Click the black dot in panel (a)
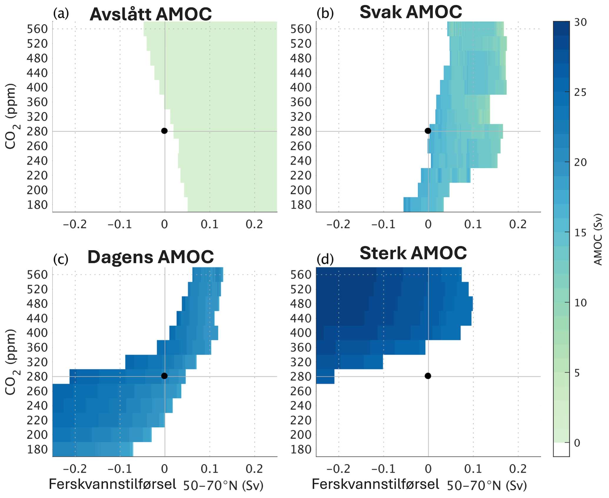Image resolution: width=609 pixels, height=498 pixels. [164, 131]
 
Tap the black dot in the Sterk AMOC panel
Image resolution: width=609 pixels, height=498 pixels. [428, 376]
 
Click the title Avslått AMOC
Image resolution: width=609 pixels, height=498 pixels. [151, 14]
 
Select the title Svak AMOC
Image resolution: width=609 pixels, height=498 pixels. [411, 12]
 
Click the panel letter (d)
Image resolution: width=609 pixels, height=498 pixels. [325, 259]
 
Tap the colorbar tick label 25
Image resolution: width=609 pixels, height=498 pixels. [580, 93]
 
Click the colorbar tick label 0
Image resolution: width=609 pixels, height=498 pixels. [577, 443]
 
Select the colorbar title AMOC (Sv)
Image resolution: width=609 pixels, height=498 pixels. [598, 240]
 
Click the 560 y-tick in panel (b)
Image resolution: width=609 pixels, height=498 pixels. [301, 29]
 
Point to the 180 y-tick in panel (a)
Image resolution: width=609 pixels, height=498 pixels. [37, 205]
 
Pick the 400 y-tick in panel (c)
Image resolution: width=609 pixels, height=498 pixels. [37, 333]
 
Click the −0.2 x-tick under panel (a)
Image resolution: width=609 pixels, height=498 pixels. [75, 224]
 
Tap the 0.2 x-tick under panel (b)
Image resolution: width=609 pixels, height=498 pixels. [518, 224]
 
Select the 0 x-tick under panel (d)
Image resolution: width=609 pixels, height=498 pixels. [428, 469]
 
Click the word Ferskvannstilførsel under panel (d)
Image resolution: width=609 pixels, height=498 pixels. [375, 484]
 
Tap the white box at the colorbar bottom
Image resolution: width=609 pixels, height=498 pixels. [561, 449]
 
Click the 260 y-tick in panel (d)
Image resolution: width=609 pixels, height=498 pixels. [301, 391]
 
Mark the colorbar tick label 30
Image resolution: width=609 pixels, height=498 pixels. [580, 22]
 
